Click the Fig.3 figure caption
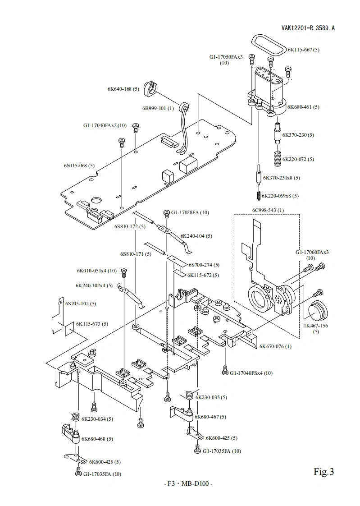(324, 472)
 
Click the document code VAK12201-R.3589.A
(308, 28)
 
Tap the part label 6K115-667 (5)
(304, 50)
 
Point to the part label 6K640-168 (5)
(123, 89)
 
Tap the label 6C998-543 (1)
(268, 210)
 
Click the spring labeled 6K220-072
(278, 157)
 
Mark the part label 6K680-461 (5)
(303, 107)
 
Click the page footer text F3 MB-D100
(187, 484)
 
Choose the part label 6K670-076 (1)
(275, 346)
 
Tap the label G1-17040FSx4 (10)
(251, 373)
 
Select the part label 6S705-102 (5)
(81, 304)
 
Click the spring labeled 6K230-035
(189, 395)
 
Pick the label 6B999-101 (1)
(158, 108)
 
